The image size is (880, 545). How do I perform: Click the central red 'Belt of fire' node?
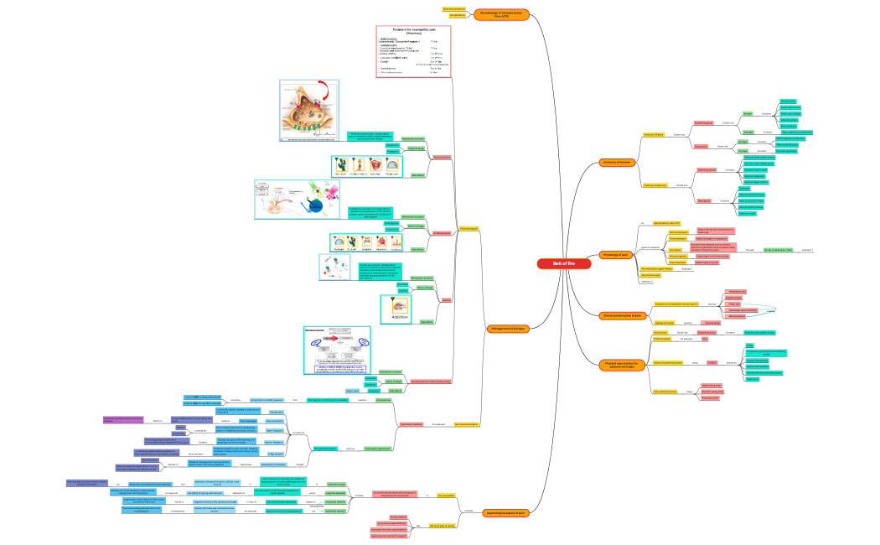[563, 263]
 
